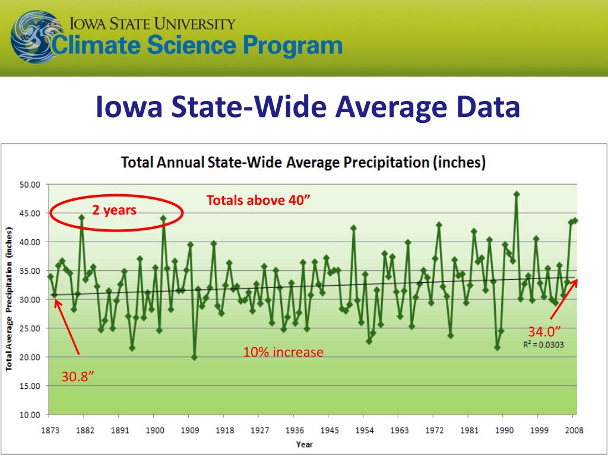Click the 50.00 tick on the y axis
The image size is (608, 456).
(29, 184)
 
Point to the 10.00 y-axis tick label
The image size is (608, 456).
(29, 414)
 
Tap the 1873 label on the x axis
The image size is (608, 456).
(49, 430)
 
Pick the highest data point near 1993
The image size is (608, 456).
(517, 194)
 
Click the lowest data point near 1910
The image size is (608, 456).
(194, 357)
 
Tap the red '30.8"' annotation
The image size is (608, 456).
(78, 376)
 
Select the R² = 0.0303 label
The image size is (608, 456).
(543, 344)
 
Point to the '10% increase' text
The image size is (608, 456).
(283, 352)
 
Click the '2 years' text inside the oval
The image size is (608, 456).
(114, 210)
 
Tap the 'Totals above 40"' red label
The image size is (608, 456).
(258, 200)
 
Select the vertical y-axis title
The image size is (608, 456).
(10, 299)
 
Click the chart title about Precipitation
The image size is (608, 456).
(303, 162)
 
